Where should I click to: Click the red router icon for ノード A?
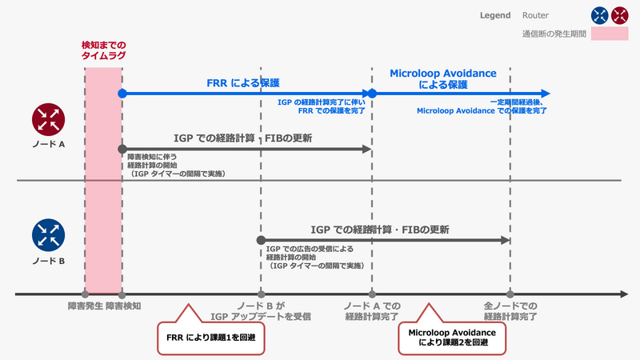[x=47, y=120]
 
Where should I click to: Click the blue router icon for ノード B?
[x=47, y=234]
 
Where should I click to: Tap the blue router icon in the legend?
[x=598, y=14]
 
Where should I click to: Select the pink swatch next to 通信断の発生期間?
[x=610, y=34]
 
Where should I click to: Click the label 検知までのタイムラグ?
[x=104, y=50]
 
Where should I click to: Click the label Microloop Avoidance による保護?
[x=442, y=78]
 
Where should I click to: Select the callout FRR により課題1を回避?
[x=210, y=337]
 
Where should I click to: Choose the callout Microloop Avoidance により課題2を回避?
[x=452, y=337]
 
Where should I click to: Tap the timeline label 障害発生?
[x=84, y=306]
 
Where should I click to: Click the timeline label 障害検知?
[x=122, y=306]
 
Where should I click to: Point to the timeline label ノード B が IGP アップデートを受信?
[x=261, y=311]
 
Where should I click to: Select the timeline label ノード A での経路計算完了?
[x=372, y=311]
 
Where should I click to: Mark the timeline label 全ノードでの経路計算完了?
[x=510, y=311]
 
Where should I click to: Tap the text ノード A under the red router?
[x=47, y=146]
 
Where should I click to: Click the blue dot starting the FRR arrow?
[x=122, y=94]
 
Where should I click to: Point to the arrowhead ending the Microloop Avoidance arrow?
[x=545, y=94]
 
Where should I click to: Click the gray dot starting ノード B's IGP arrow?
[x=261, y=240]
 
